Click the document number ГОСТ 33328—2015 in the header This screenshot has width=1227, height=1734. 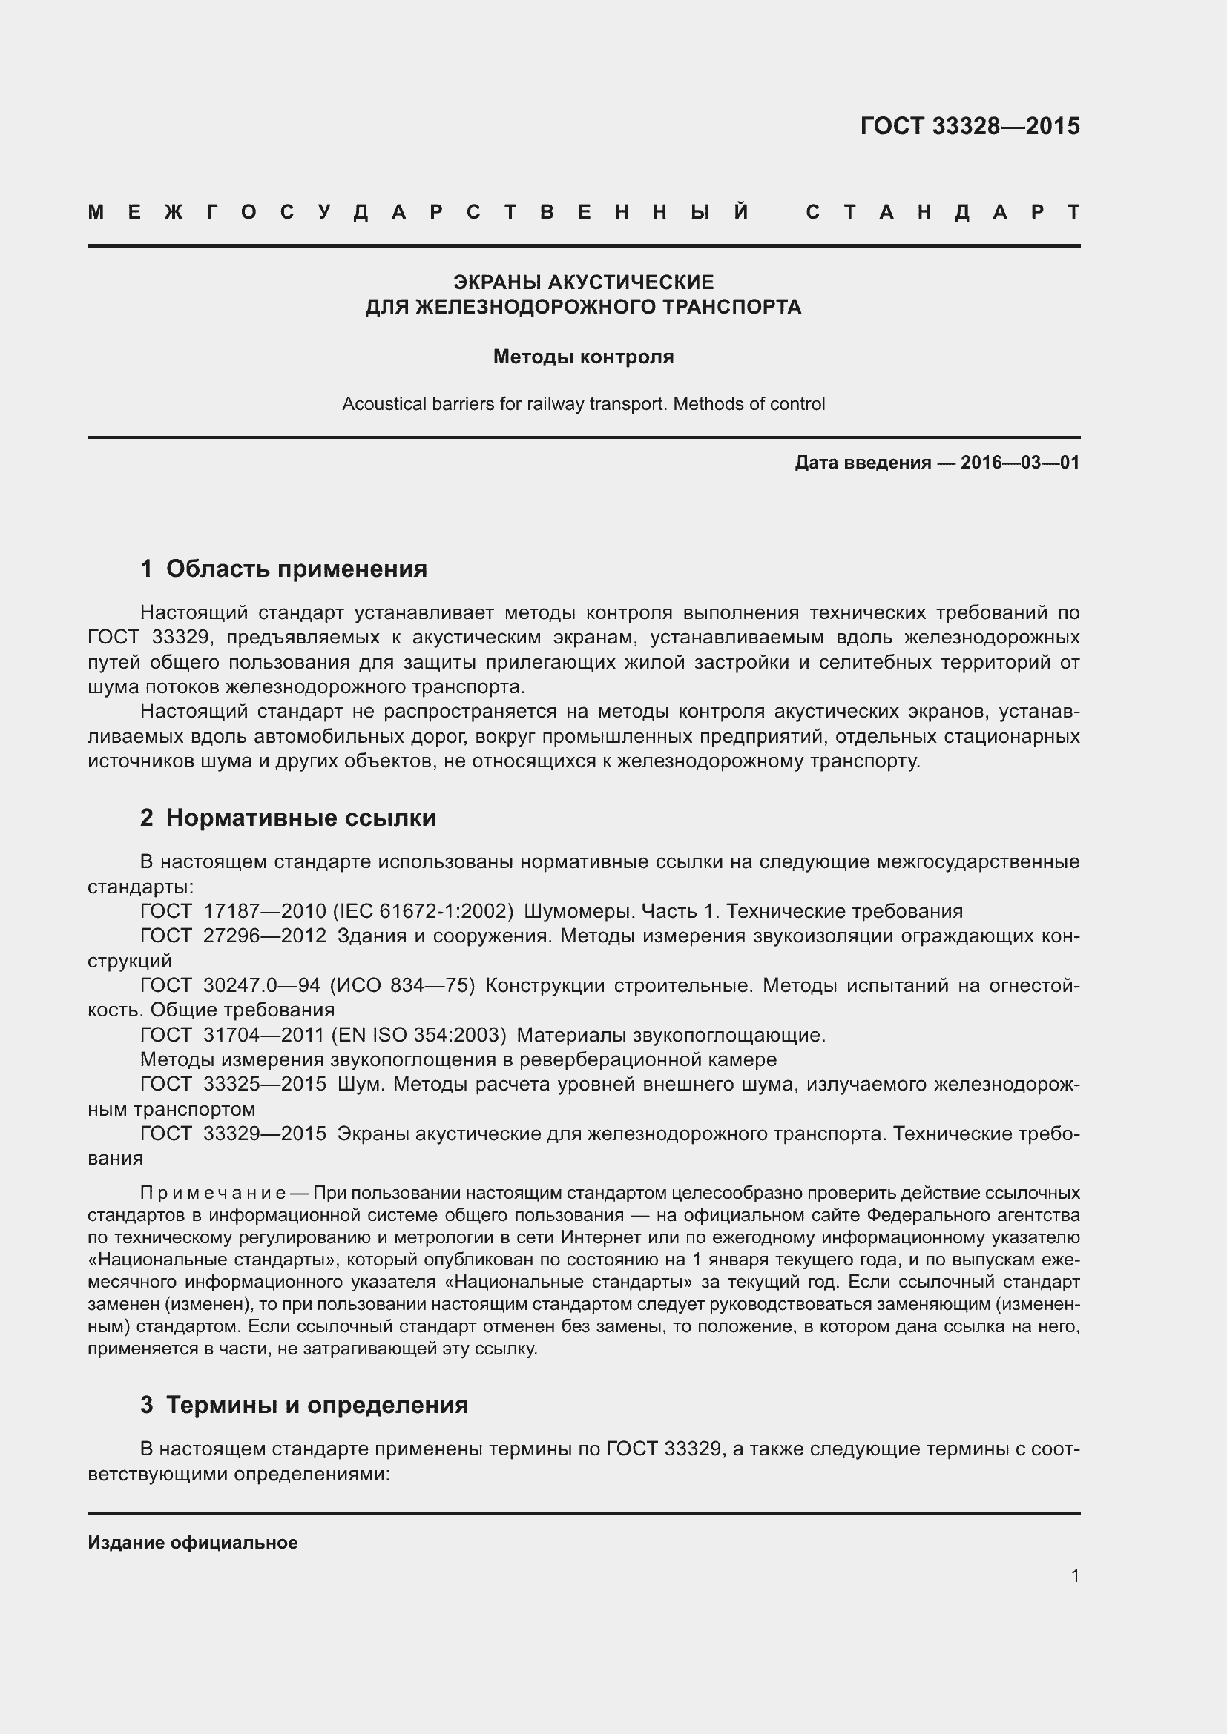point(970,126)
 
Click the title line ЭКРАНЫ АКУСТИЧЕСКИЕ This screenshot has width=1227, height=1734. point(583,282)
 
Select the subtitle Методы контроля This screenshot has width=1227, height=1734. point(583,357)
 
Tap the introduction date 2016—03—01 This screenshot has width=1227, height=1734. point(1020,462)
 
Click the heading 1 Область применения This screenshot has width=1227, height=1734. point(283,569)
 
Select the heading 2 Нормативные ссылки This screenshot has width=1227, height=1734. point(288,818)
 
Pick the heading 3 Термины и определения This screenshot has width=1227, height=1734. point(303,1405)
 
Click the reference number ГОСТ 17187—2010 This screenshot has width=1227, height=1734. point(234,912)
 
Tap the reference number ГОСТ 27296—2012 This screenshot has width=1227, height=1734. point(234,936)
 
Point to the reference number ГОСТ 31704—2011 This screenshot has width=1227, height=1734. point(234,1035)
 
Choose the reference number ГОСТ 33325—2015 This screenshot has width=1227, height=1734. point(234,1085)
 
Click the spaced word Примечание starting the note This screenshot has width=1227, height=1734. point(213,1194)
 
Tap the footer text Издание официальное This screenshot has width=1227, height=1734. point(193,1543)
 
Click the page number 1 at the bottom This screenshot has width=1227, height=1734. point(1075,1576)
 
